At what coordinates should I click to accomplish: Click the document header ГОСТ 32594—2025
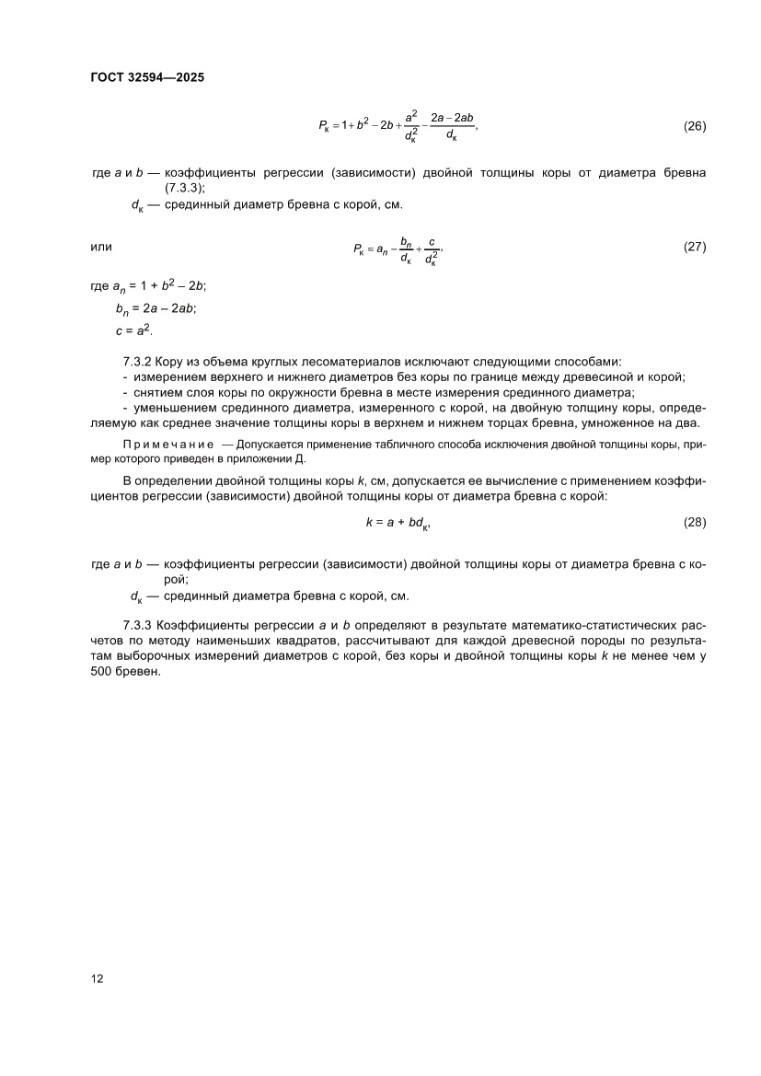click(x=147, y=77)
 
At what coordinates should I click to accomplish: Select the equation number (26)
click(x=695, y=126)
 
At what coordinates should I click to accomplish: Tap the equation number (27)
click(x=695, y=248)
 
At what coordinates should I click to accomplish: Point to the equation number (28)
click(x=695, y=522)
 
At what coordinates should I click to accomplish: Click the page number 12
click(x=97, y=978)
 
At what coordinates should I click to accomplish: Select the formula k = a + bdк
click(x=398, y=523)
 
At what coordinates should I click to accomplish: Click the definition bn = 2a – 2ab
click(x=149, y=310)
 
